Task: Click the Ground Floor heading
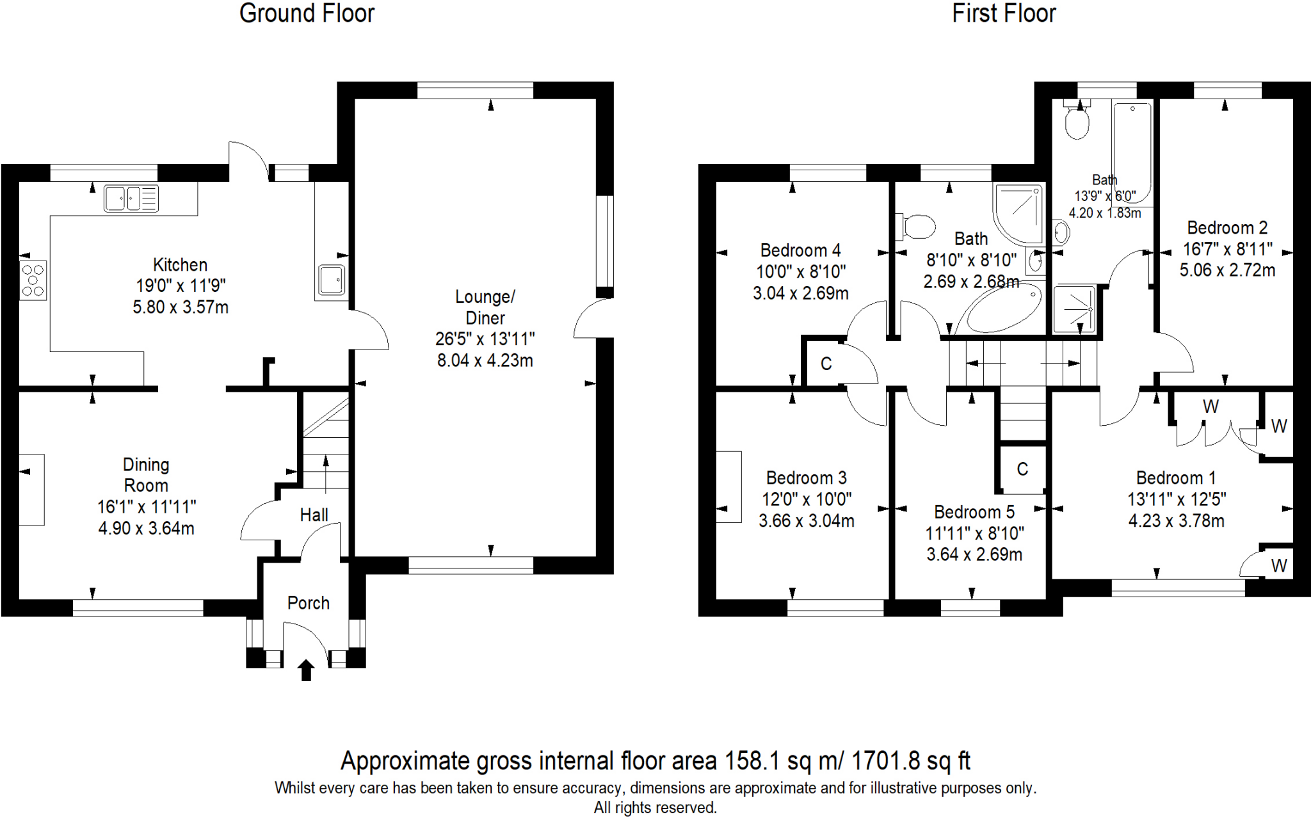pyautogui.click(x=307, y=13)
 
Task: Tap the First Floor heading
pyautogui.click(x=1003, y=13)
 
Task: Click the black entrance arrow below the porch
pyautogui.click(x=306, y=670)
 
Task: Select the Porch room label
pyautogui.click(x=308, y=603)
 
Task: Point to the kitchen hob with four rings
pyautogui.click(x=33, y=280)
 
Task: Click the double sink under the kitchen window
pyautogui.click(x=131, y=198)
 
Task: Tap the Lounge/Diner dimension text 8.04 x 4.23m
pyautogui.click(x=485, y=360)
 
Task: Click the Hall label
pyautogui.click(x=314, y=515)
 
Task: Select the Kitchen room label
pyautogui.click(x=180, y=264)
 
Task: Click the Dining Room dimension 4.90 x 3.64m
pyautogui.click(x=146, y=528)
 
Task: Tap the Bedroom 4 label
pyautogui.click(x=800, y=250)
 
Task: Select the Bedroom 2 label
pyautogui.click(x=1227, y=227)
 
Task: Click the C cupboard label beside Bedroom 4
pyautogui.click(x=826, y=364)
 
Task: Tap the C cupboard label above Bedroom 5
pyautogui.click(x=1022, y=469)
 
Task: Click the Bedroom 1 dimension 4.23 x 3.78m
pyautogui.click(x=1176, y=520)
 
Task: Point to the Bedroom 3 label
pyautogui.click(x=806, y=478)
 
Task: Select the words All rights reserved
pyautogui.click(x=655, y=808)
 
